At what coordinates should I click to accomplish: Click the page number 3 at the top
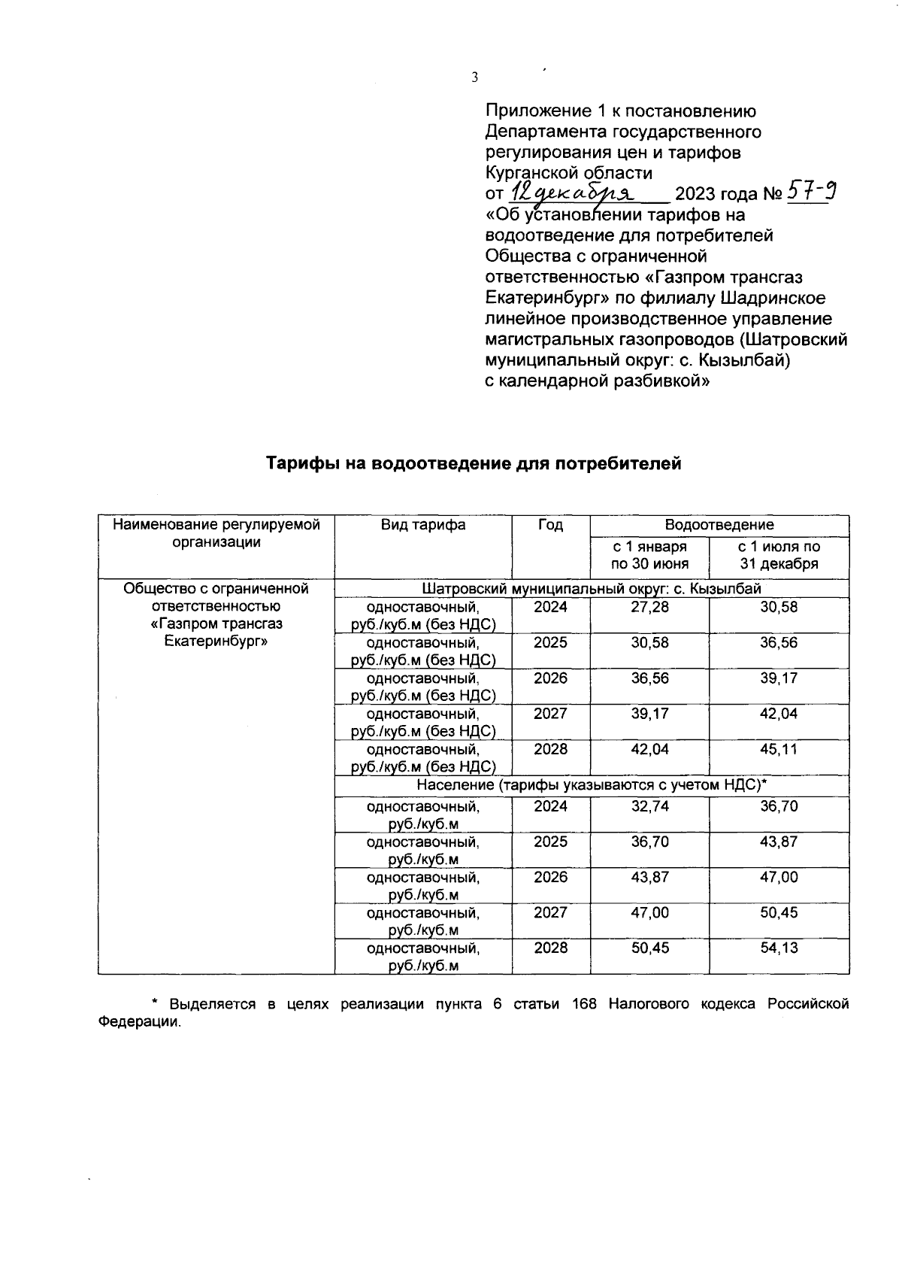click(x=474, y=77)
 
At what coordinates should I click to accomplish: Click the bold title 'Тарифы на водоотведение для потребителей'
click(x=474, y=464)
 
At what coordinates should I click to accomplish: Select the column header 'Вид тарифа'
click(x=422, y=526)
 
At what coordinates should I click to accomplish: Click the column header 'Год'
click(x=550, y=526)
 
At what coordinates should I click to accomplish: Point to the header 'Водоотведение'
click(x=719, y=525)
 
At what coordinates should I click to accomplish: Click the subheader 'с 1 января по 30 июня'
click(x=649, y=556)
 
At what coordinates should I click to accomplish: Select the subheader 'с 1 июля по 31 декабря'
click(x=779, y=556)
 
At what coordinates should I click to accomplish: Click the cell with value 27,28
click(x=649, y=607)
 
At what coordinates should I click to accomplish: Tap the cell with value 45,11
click(x=779, y=749)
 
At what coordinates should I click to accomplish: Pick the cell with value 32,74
click(x=649, y=806)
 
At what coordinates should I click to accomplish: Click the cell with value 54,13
click(x=779, y=948)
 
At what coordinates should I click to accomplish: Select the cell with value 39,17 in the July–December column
click(x=779, y=678)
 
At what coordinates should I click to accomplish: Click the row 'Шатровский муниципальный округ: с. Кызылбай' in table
click(x=592, y=588)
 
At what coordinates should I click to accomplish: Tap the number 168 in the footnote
click(x=584, y=1004)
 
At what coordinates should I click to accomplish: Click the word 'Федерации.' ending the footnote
click(x=140, y=1023)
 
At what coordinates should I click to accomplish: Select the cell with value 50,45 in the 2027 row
click(x=779, y=912)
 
